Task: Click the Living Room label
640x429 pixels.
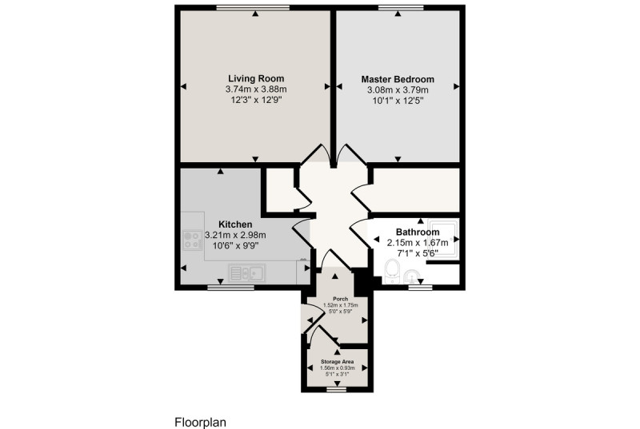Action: [x=256, y=78]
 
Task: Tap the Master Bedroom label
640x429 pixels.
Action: [x=398, y=79]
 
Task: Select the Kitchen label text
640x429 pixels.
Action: [x=235, y=224]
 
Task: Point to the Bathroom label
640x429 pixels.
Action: [x=418, y=232]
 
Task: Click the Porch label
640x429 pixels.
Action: [x=341, y=299]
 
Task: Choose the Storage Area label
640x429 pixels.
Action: [x=337, y=362]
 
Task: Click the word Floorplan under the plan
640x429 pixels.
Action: [x=201, y=423]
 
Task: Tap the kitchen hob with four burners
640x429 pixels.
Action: [x=192, y=240]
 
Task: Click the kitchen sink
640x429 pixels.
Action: [x=247, y=273]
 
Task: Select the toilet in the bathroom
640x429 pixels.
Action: [x=392, y=272]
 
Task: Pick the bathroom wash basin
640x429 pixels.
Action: [x=411, y=277]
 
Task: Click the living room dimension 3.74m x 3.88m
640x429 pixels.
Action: [x=256, y=89]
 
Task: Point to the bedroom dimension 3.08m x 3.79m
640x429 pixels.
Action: [x=398, y=89]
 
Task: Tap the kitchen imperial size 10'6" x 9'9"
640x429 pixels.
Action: [x=235, y=246]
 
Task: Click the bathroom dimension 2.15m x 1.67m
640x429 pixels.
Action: [x=418, y=243]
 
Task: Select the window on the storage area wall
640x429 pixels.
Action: [x=337, y=390]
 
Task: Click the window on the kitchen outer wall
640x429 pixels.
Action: [x=230, y=288]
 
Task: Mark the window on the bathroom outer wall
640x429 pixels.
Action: [x=420, y=288]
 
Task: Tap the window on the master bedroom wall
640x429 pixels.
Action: [x=401, y=7]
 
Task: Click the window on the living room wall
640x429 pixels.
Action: [x=253, y=7]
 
